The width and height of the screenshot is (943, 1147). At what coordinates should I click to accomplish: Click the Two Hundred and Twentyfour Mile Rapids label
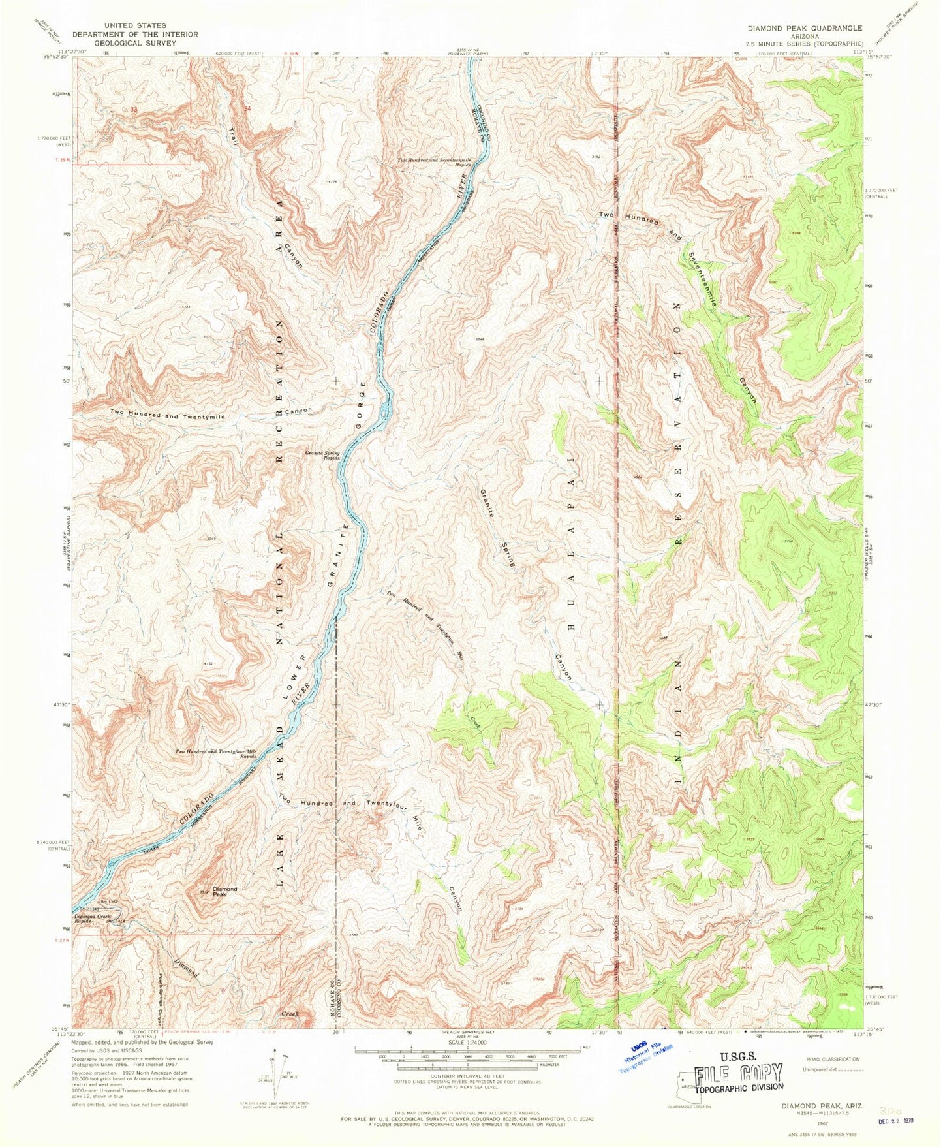[x=215, y=754]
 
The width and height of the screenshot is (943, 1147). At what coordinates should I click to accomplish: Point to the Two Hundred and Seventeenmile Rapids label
[x=435, y=163]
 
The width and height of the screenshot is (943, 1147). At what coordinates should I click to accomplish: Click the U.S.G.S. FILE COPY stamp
[x=737, y=1073]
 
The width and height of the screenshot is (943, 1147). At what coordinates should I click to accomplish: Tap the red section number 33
[x=133, y=110]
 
